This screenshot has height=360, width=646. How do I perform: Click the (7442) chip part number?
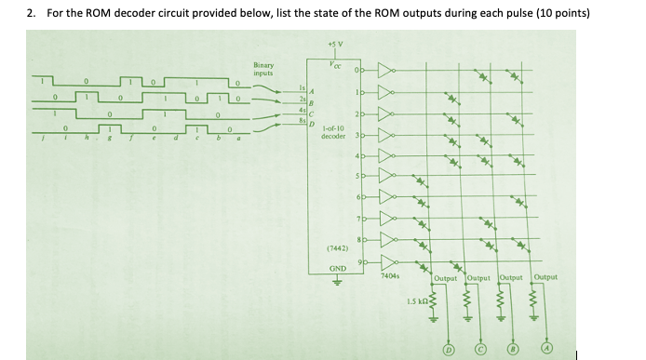tap(337, 248)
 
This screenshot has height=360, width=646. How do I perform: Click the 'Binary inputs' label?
tap(264, 69)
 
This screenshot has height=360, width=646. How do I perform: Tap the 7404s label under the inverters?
tap(391, 275)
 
